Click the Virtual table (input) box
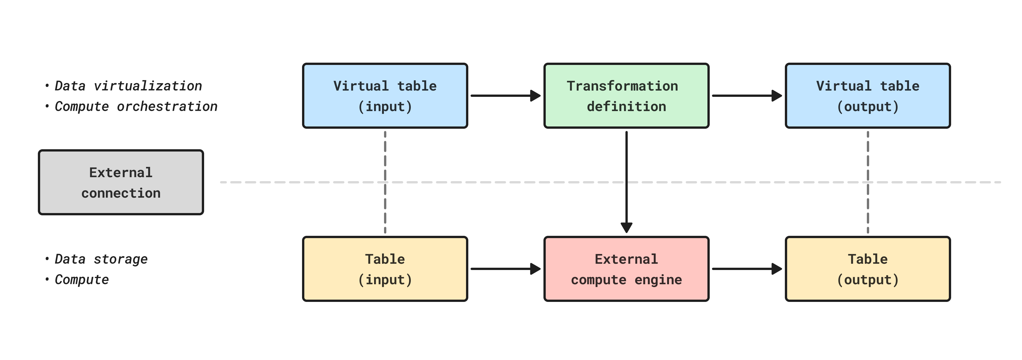pyautogui.click(x=385, y=96)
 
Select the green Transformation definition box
pyautogui.click(x=626, y=96)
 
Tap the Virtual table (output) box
pyautogui.click(x=868, y=96)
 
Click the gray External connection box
pyautogui.click(x=121, y=182)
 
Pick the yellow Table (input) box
pyautogui.click(x=385, y=269)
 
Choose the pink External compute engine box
pyautogui.click(x=626, y=269)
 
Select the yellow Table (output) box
pyautogui.click(x=868, y=269)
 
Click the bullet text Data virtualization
pyautogui.click(x=128, y=86)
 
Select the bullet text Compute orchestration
pyautogui.click(x=136, y=106)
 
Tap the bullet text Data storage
pyautogui.click(x=101, y=259)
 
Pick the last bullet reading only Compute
pyautogui.click(x=82, y=279)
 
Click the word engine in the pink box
pyautogui.click(x=658, y=280)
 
